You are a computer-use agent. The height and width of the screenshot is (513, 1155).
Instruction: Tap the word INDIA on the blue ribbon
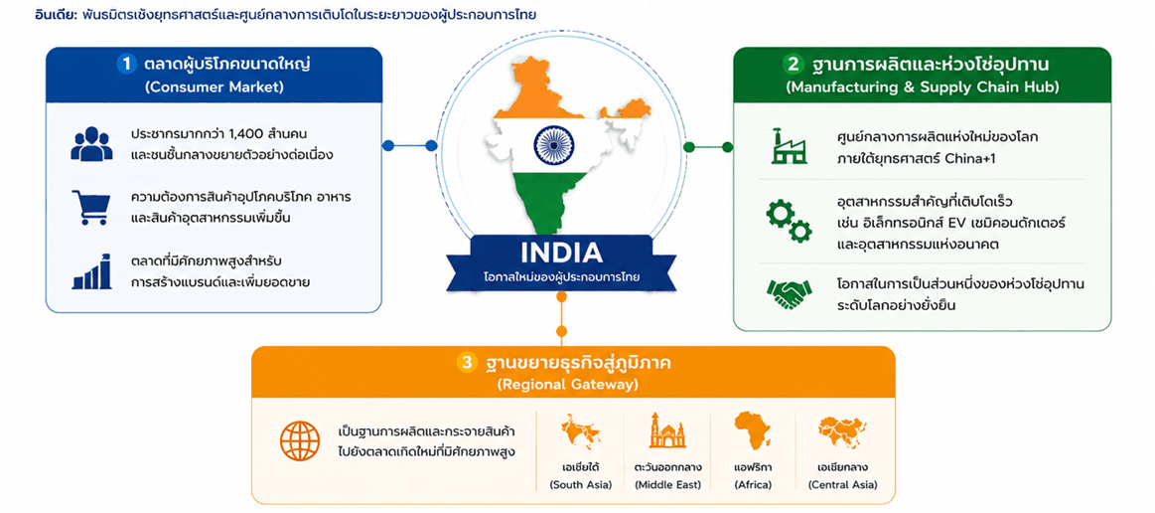(x=561, y=254)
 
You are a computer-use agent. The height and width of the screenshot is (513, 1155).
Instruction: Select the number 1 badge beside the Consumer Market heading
(x=127, y=65)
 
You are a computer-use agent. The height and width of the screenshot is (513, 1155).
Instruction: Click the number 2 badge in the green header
(x=793, y=65)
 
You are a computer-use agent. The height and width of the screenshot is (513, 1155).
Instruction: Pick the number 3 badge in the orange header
(x=467, y=363)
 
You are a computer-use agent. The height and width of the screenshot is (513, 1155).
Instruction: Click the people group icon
(x=92, y=144)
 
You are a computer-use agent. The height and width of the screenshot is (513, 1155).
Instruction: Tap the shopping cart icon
(x=91, y=207)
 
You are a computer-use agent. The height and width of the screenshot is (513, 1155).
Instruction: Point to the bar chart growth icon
(x=92, y=272)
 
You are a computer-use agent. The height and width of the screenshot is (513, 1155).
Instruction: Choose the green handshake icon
(x=789, y=294)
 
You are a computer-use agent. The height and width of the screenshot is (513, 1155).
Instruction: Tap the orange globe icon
(x=300, y=440)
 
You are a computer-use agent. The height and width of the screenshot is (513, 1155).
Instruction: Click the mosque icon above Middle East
(x=667, y=430)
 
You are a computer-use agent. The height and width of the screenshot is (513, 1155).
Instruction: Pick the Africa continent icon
(x=753, y=430)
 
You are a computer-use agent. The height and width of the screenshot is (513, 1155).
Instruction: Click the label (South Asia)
(x=580, y=484)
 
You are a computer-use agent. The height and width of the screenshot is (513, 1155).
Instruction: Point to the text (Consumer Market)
(x=214, y=86)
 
